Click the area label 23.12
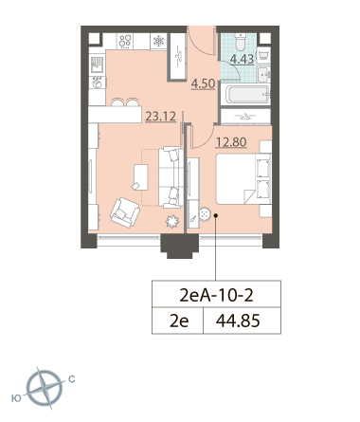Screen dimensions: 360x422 click(160, 117)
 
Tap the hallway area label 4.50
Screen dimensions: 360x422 click(204, 84)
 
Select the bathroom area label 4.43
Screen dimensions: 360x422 click(242, 59)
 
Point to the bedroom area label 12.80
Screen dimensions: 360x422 click(231, 142)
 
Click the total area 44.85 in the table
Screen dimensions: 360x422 click(238, 321)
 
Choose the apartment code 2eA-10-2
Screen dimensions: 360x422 click(216, 296)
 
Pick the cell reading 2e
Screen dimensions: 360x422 click(179, 321)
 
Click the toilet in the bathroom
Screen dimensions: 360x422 click(242, 42)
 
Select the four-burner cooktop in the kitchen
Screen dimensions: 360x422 click(125, 41)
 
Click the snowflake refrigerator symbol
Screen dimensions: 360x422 click(158, 42)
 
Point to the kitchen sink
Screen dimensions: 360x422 click(98, 64)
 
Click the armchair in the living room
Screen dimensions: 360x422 click(125, 212)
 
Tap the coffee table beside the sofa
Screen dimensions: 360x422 click(140, 177)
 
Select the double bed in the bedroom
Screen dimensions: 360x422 click(243, 178)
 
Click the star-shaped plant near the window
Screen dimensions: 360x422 click(172, 221)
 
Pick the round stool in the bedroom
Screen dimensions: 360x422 click(205, 214)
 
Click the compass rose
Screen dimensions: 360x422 click(45, 388)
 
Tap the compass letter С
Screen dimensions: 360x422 click(72, 379)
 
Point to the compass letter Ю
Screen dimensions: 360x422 click(16, 398)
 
